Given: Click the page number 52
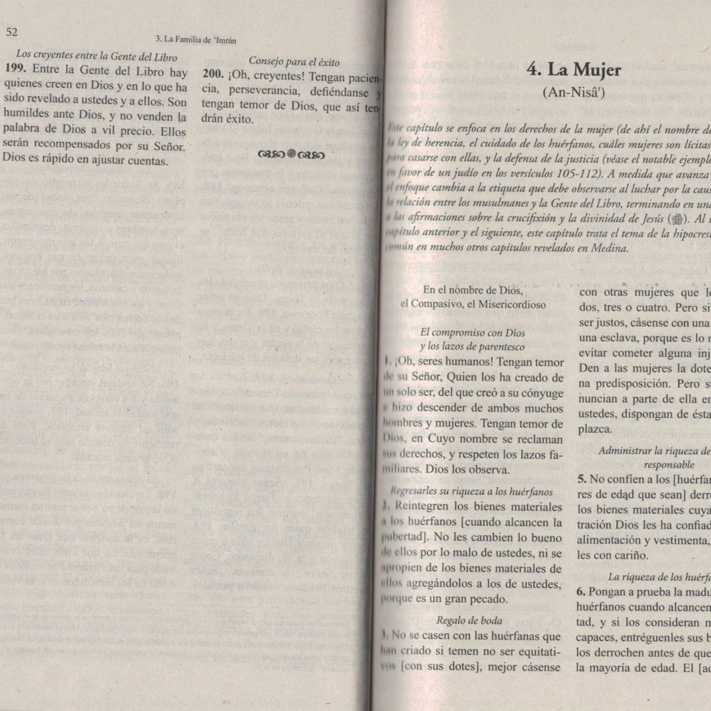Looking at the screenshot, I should [x=11, y=32].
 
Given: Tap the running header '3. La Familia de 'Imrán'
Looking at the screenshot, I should [x=196, y=40].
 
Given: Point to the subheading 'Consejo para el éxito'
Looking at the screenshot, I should [x=294, y=62].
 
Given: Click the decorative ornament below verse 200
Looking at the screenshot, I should [x=291, y=154].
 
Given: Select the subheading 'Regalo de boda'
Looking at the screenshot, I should [x=469, y=620].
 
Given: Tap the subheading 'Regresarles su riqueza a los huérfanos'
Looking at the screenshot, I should [x=471, y=492].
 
